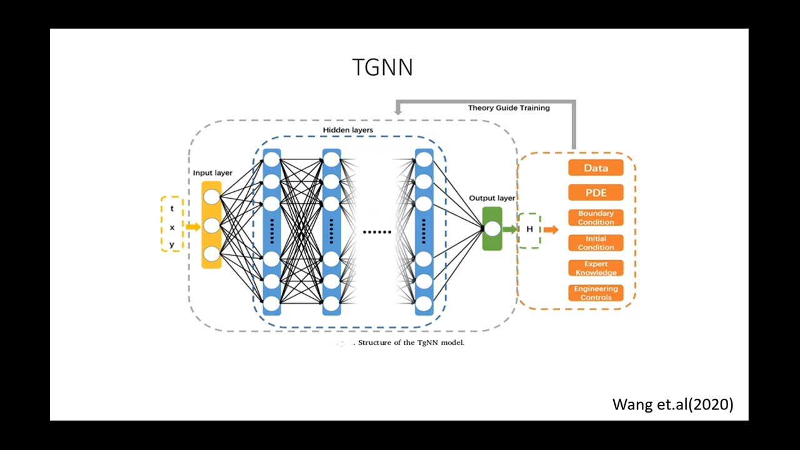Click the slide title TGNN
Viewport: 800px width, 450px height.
382,67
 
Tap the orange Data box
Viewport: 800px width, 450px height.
596,167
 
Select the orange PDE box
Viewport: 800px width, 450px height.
596,192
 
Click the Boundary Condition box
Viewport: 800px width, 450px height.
596,217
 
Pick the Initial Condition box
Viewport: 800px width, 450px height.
596,243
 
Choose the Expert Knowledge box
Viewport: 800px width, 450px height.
596,268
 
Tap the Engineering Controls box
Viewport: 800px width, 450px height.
596,293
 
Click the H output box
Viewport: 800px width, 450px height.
529,229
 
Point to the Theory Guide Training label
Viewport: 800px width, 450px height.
509,108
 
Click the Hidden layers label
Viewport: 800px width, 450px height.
347,130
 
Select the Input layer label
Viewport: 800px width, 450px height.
212,173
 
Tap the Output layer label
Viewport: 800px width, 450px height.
492,198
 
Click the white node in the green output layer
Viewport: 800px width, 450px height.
492,229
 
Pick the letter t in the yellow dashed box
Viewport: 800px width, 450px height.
172,209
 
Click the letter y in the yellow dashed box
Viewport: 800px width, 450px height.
172,244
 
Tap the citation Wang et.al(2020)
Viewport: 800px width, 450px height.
672,404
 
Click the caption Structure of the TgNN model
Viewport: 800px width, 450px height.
411,342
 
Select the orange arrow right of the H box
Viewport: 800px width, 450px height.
551,230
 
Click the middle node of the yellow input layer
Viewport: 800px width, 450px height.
212,226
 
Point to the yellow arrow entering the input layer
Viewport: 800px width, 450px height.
193,227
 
